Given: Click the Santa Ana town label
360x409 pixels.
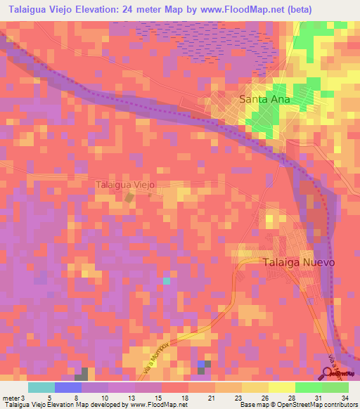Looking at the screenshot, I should click(x=264, y=99).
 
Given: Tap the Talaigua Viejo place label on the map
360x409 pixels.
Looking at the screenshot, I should click(x=124, y=185).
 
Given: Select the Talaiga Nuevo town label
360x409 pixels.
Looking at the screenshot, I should click(x=298, y=261).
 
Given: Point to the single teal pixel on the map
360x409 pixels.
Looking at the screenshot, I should click(x=167, y=281).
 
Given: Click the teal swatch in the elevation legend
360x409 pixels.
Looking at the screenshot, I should click(x=41, y=387).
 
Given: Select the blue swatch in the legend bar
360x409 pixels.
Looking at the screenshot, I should click(x=68, y=387).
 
